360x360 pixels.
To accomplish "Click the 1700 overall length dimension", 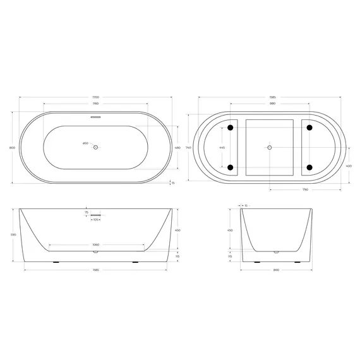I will coord(95,97).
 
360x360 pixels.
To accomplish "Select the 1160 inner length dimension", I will coord(95,104).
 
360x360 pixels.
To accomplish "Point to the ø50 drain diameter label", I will coord(86,144).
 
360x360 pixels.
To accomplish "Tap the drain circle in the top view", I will coord(96,147).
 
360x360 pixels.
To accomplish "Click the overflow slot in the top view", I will coord(96,117).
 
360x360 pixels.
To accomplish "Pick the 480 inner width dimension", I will coord(178,147).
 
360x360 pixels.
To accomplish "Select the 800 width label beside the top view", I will coord(13,147).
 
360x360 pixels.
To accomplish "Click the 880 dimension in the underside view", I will coord(272,104).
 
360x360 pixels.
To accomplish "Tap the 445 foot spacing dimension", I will coord(222,147).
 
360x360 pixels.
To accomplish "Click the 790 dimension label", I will coord(304,188).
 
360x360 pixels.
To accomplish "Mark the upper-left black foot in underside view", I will coord(231,128).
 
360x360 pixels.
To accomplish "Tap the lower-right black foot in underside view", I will coord(309,167).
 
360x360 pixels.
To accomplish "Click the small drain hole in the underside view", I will coord(270,147).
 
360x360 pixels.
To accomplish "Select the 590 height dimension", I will coord(13,234).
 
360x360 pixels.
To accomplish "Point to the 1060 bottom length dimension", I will coord(95,244).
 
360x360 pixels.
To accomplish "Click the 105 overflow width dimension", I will coord(96,220).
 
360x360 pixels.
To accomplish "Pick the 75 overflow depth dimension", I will coord(87,213).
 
